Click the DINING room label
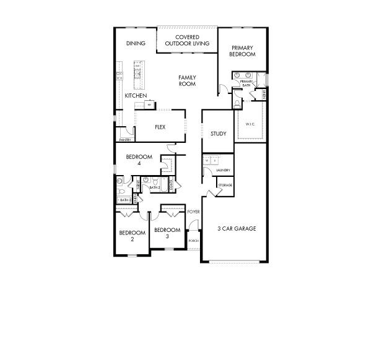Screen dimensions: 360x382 (x=136, y=43)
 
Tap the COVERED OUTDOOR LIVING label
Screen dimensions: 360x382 (x=186, y=40)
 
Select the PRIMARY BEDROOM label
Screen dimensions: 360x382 (x=243, y=51)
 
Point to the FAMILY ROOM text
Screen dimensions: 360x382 (x=187, y=80)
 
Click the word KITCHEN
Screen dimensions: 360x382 (x=136, y=96)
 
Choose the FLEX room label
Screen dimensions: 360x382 (x=160, y=127)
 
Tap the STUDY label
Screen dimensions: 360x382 (x=218, y=134)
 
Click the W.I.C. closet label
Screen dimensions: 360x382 (x=250, y=124)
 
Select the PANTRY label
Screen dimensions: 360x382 (x=125, y=140)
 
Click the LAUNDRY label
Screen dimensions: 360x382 (x=224, y=171)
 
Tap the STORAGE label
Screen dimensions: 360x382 (x=225, y=185)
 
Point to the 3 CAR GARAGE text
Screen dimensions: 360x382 (x=237, y=228)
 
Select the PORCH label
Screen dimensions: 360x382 (x=193, y=241)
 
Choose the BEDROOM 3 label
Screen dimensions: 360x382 (x=167, y=233)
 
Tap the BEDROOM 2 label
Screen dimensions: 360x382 (x=132, y=236)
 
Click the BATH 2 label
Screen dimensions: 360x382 (x=155, y=187)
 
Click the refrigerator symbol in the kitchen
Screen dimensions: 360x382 (x=149, y=105)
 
